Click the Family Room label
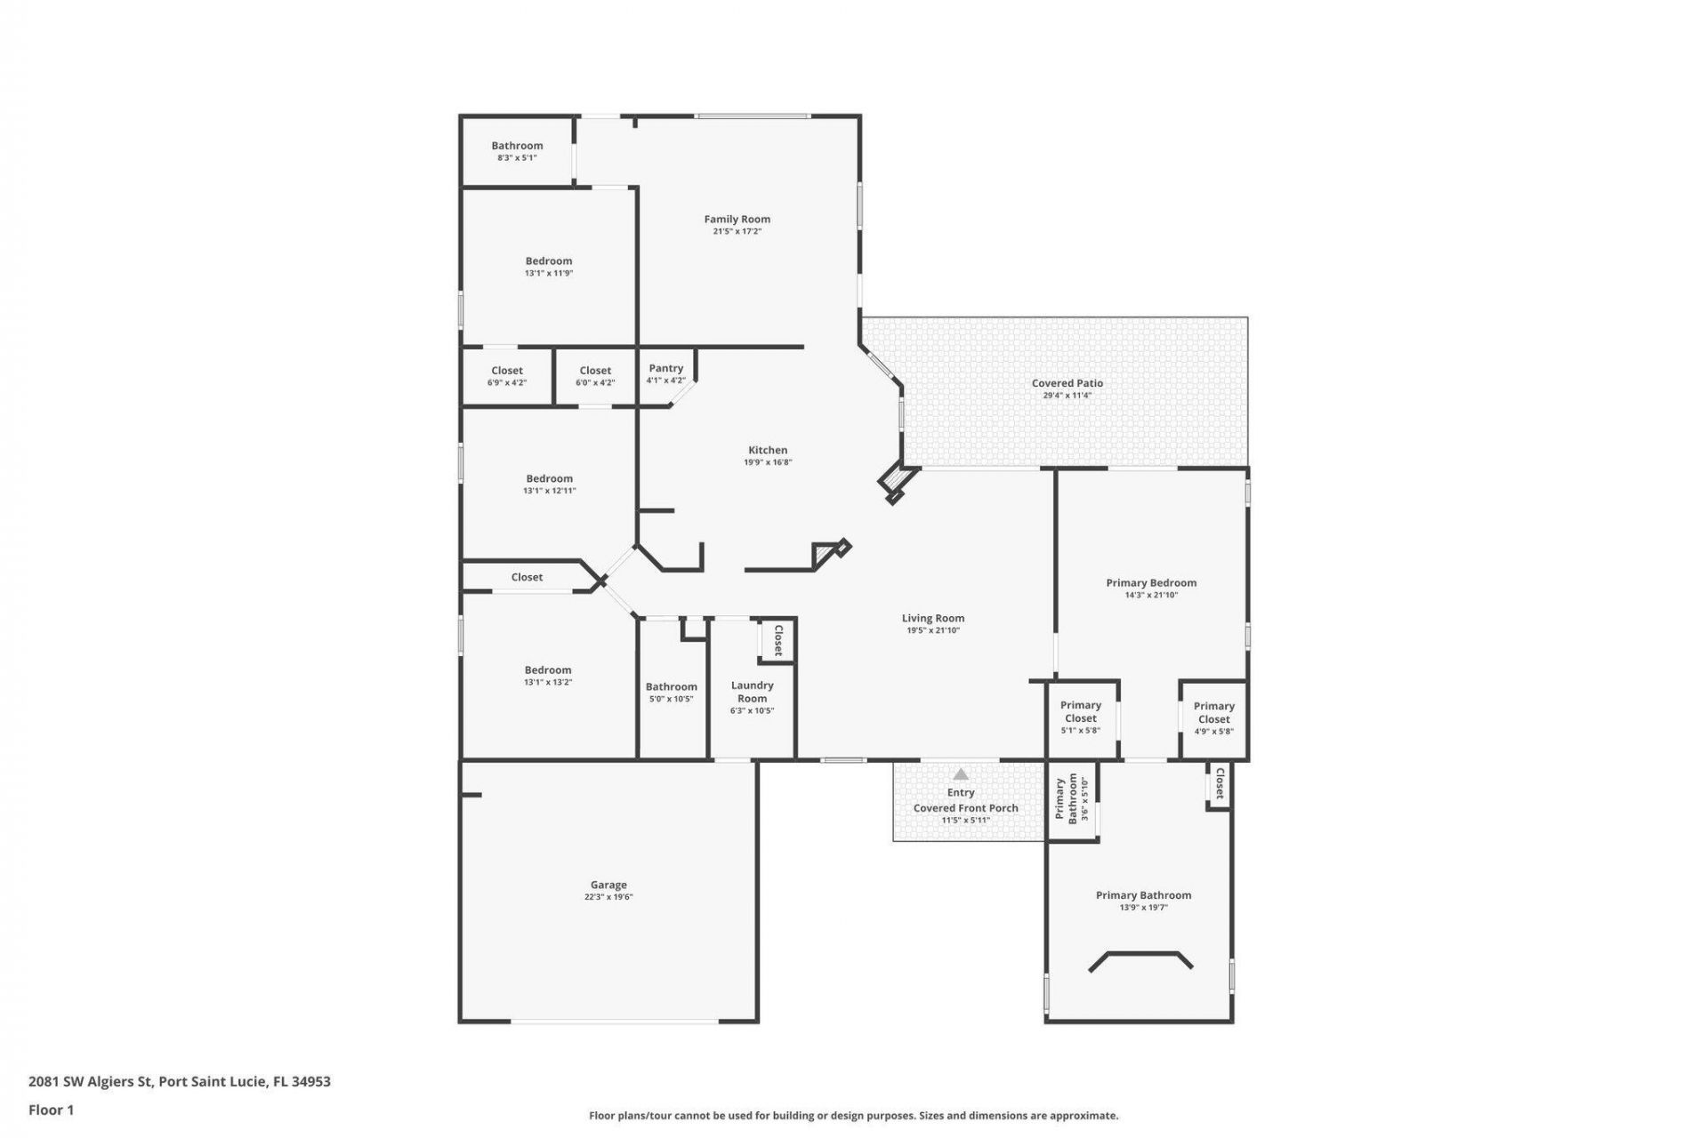[737, 219]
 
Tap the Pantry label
[665, 368]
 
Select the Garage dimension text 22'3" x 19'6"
[608, 897]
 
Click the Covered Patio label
[1067, 383]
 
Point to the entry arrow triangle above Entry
[961, 774]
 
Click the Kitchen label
[767, 450]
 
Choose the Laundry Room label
[752, 692]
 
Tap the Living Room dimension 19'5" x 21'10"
[932, 630]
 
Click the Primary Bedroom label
[1150, 583]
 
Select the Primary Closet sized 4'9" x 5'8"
[1213, 713]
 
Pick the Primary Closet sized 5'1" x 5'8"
[1080, 711]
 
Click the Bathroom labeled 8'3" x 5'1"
[517, 146]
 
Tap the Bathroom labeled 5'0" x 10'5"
[671, 687]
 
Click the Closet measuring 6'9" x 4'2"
[507, 371]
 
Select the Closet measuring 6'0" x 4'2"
[595, 371]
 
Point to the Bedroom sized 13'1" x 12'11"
[549, 478]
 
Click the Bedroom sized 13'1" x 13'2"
[547, 670]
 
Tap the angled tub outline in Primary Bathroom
[1140, 957]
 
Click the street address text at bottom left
[179, 1081]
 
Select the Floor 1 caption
[51, 1110]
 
